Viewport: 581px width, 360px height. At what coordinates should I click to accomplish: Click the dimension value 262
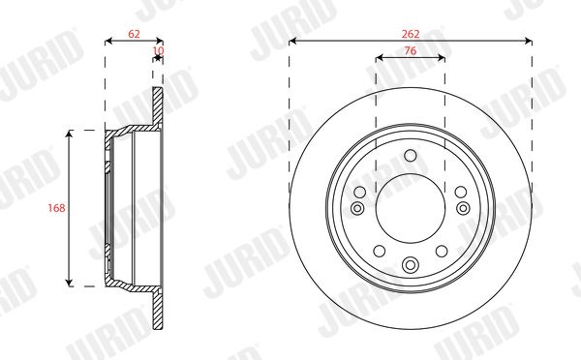[411, 34]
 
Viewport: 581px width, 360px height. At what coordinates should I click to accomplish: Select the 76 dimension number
[411, 50]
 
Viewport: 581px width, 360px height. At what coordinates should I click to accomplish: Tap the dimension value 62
[135, 34]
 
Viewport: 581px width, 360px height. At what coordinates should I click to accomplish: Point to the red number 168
[56, 208]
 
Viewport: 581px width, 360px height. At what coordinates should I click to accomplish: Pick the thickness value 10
[158, 50]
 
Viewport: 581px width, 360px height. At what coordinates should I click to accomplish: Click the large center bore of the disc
[411, 208]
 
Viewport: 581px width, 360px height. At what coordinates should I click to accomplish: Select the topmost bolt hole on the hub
[411, 155]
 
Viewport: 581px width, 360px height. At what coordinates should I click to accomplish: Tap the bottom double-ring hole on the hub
[411, 264]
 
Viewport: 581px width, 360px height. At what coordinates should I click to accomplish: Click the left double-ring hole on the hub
[357, 208]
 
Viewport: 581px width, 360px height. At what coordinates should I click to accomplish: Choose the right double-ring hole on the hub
[463, 208]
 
